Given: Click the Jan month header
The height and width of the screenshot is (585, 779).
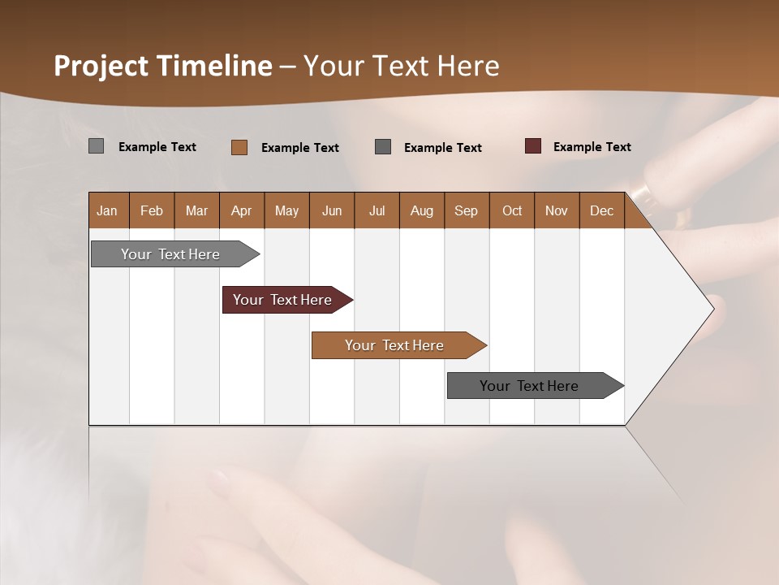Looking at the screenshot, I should click(x=108, y=210).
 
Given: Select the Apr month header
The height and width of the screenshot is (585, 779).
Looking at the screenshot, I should click(x=242, y=210).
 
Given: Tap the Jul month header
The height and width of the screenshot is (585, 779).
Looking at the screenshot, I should click(x=377, y=210).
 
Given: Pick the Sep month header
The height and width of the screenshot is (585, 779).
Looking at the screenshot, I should click(x=467, y=210).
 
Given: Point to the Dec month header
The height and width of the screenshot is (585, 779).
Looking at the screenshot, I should click(x=602, y=210).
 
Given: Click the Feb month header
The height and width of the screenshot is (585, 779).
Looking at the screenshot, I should click(x=152, y=210).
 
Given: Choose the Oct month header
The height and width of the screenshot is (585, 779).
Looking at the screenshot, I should click(x=512, y=210).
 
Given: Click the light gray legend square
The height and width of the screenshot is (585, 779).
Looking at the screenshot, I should click(x=96, y=146).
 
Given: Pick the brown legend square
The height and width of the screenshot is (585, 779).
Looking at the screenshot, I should click(x=239, y=147).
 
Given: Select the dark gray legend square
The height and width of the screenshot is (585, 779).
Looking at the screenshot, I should click(x=383, y=147).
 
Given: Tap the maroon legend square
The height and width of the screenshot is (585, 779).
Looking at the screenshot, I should click(x=533, y=146).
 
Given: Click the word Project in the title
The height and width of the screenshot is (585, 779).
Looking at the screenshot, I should click(x=101, y=66).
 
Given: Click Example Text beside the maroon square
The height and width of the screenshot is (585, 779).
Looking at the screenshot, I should click(x=592, y=147).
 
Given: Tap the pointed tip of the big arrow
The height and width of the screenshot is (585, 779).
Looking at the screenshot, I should click(x=712, y=308).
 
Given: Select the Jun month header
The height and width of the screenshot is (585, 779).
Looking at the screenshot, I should click(x=332, y=210).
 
